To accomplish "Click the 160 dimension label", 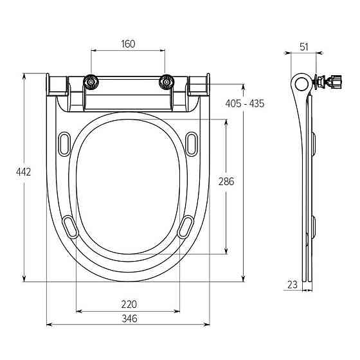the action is [x=128, y=44].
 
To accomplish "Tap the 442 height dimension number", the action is [x=23, y=172].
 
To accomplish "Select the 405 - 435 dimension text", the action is [x=245, y=104].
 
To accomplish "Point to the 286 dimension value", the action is [x=226, y=181].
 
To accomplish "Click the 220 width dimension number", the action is [x=129, y=305].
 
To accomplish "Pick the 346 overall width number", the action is [x=129, y=318].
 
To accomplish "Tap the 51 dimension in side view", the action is [x=303, y=47].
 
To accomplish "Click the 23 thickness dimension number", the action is [x=292, y=285].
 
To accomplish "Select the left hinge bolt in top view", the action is [x=91, y=82].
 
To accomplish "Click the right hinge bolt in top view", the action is [x=166, y=82].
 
